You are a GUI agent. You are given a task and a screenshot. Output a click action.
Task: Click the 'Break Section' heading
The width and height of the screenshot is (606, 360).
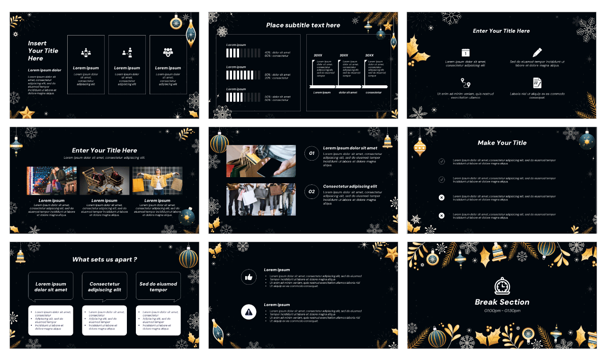502,302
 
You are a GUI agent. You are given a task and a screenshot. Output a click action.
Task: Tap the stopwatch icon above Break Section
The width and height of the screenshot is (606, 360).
502,286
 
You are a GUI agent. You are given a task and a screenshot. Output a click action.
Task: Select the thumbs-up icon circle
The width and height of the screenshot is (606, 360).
249,277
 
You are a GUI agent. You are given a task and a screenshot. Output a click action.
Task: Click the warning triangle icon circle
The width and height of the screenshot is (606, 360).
249,312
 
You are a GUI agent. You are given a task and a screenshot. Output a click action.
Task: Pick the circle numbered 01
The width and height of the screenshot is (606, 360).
312,153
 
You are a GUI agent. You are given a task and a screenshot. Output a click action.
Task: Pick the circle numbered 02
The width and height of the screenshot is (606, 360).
312,192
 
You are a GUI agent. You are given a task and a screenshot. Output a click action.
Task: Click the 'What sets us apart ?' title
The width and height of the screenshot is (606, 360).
105,260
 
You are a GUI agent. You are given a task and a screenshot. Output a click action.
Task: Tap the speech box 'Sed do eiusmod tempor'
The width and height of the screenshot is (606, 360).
158,287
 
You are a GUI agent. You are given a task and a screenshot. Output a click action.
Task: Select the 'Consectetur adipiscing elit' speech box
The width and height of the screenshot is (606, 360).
105,287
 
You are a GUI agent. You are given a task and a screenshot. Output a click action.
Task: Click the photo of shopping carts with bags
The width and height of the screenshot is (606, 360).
104,180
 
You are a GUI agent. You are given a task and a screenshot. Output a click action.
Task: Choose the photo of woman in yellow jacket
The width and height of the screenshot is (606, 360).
157,180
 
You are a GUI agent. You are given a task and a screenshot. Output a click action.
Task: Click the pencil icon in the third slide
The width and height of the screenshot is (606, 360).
537,53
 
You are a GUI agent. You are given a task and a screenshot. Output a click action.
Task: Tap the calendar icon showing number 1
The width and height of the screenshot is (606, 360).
465,53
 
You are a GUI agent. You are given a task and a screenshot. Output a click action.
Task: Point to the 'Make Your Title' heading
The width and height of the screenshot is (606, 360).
502,143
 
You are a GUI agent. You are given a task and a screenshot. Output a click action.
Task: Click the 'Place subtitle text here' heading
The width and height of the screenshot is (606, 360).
303,25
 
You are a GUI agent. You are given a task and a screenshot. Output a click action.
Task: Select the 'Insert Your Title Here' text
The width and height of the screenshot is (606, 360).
43,51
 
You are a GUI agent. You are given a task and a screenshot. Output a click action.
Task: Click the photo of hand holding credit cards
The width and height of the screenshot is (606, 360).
261,161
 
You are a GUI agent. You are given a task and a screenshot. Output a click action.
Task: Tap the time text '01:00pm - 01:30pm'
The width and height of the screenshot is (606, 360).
502,311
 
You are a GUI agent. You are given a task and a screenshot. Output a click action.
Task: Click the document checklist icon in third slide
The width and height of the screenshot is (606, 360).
537,83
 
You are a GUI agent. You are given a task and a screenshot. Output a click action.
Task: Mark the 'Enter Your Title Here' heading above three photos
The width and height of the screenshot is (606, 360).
105,150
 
